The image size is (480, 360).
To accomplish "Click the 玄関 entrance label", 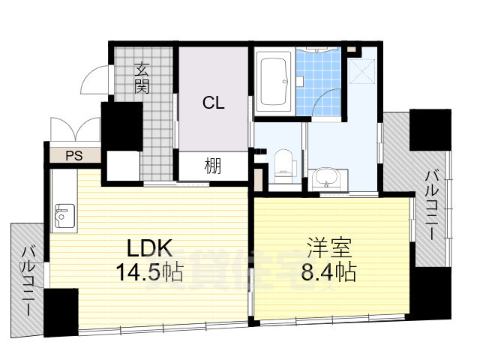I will [142, 77].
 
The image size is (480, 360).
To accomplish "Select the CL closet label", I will [213, 103].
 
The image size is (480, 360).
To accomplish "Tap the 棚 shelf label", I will [213, 166].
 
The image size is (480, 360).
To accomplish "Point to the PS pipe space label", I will [73, 156].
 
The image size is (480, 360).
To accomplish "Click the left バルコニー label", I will [28, 281].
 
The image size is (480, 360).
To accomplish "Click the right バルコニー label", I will [432, 204].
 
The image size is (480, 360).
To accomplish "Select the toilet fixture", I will [283, 164].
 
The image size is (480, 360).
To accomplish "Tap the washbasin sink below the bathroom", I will [325, 179].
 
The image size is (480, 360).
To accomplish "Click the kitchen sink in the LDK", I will [61, 215].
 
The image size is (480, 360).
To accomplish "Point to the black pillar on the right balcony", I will [430, 130].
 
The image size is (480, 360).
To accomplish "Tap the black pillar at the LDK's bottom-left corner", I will [61, 312].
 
